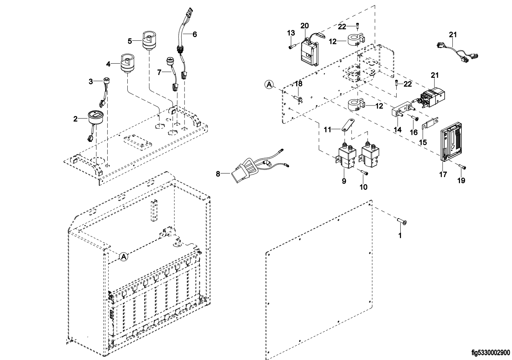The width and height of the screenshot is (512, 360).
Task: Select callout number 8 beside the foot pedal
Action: click(218, 174)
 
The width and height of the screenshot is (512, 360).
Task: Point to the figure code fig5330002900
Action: click(490, 352)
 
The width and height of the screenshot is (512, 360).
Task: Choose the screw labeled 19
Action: click(462, 167)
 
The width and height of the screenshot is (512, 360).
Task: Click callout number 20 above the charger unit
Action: click(305, 25)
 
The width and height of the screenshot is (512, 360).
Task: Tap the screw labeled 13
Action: click(291, 47)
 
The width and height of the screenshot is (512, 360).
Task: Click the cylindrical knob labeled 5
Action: click(148, 41)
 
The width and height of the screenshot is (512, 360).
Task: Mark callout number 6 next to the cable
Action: click(195, 34)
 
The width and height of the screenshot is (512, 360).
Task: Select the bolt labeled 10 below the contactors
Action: click(364, 173)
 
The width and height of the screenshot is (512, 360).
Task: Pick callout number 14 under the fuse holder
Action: click(397, 130)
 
